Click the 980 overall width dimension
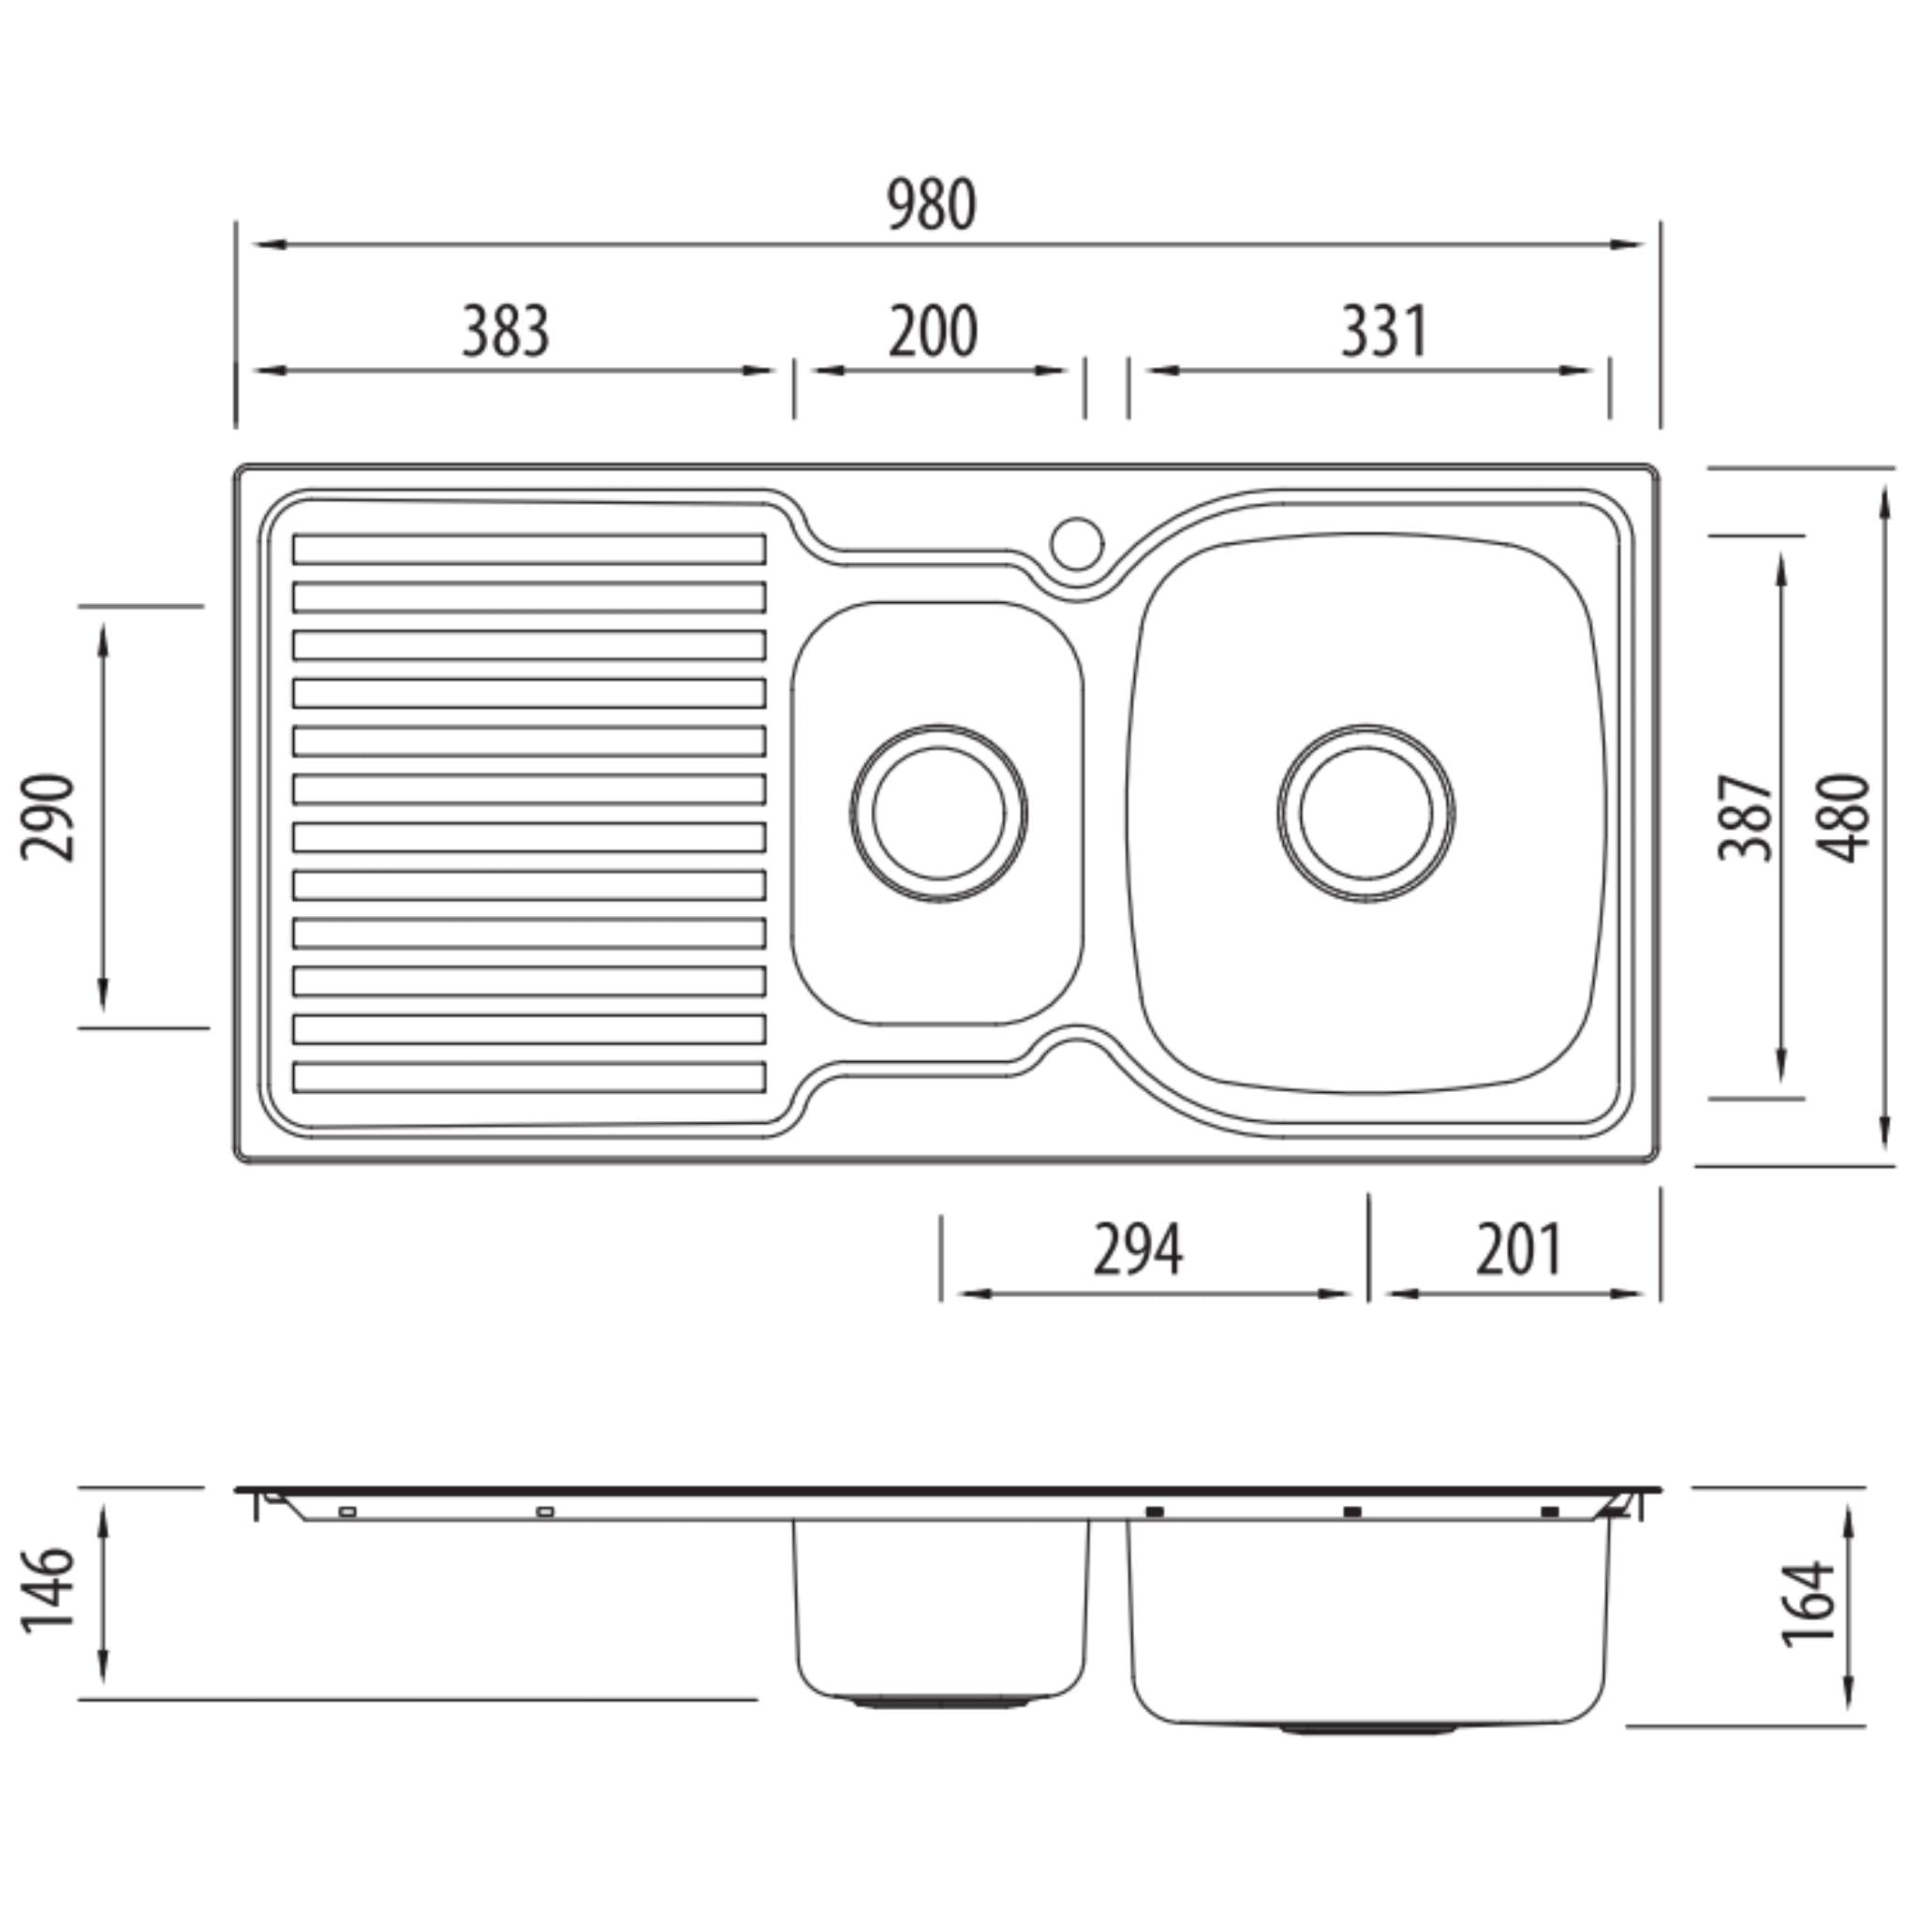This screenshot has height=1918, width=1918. pos(931,205)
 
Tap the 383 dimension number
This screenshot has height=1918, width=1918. pos(506,332)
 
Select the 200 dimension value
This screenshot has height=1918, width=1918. pos(932,332)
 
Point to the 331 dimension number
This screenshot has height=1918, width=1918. pos(1384,332)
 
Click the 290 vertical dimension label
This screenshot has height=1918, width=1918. pos(48,817)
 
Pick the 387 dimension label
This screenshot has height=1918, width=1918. pos(1747,817)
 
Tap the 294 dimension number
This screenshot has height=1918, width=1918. pos(1138,1250)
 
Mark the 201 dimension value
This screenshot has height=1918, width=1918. pos(1519,1250)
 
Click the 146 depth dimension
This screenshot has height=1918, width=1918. pos(48,1589)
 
